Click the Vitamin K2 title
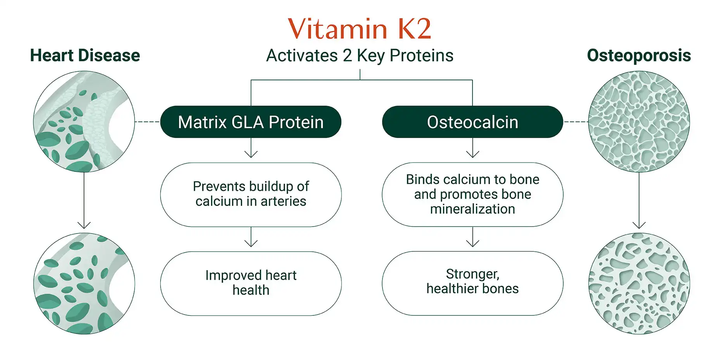[x=359, y=29]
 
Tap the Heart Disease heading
[x=85, y=55]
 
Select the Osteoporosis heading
[x=639, y=55]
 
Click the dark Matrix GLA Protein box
[x=251, y=122]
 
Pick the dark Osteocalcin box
[x=472, y=122]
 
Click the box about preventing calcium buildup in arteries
[x=251, y=194]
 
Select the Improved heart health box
[x=251, y=283]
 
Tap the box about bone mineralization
[x=472, y=194]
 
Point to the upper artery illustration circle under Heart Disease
[x=84, y=121]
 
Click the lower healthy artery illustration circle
[x=84, y=283]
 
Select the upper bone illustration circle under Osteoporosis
[x=639, y=121]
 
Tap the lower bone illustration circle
[x=639, y=283]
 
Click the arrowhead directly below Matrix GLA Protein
[x=251, y=154]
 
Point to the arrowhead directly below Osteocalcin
[x=472, y=154]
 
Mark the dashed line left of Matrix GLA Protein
[x=147, y=122]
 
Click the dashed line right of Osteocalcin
[x=576, y=122]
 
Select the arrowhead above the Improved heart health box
[x=251, y=244]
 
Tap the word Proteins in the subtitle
[x=421, y=55]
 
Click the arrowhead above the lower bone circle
[x=639, y=225]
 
